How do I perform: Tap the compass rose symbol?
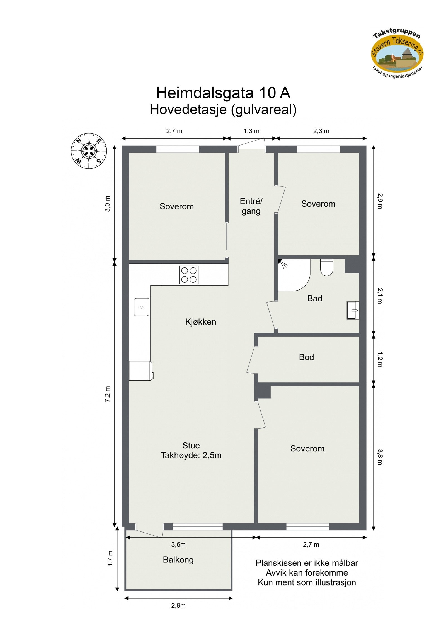[x=89, y=151]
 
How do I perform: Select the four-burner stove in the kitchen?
[x=189, y=275]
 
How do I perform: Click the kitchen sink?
[x=141, y=307]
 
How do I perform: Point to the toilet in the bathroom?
[x=326, y=267]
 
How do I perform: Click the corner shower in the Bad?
[x=293, y=274]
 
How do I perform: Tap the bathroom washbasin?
[x=353, y=310]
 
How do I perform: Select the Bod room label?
[x=306, y=357]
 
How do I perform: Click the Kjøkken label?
[x=200, y=322]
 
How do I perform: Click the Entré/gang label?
[x=251, y=206]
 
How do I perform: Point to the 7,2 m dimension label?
[x=108, y=394]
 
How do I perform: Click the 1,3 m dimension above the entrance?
[x=251, y=131]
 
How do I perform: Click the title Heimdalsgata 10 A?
[x=223, y=93]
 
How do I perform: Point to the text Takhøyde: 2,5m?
[x=191, y=455]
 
